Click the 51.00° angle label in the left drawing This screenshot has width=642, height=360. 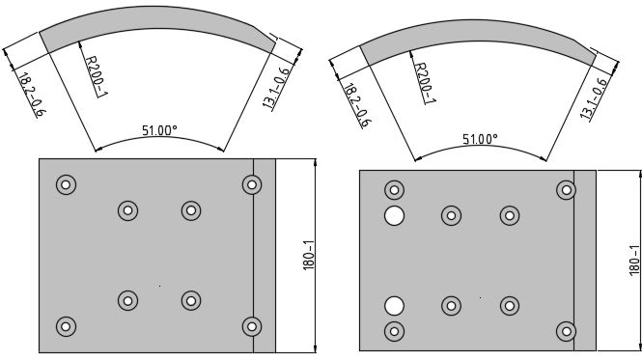click(159, 130)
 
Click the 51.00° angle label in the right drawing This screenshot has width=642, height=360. click(480, 139)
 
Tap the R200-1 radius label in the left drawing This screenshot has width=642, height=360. click(97, 76)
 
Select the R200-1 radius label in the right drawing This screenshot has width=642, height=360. click(425, 83)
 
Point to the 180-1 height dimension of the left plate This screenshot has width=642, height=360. click(309, 255)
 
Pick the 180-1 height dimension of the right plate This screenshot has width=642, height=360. click(634, 261)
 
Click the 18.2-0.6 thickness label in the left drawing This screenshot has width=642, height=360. click(32, 95)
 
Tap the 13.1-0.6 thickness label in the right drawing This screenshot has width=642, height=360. click(593, 98)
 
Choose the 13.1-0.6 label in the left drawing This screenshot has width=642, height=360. click(276, 88)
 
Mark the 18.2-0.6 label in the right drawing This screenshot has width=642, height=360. click(358, 105)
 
